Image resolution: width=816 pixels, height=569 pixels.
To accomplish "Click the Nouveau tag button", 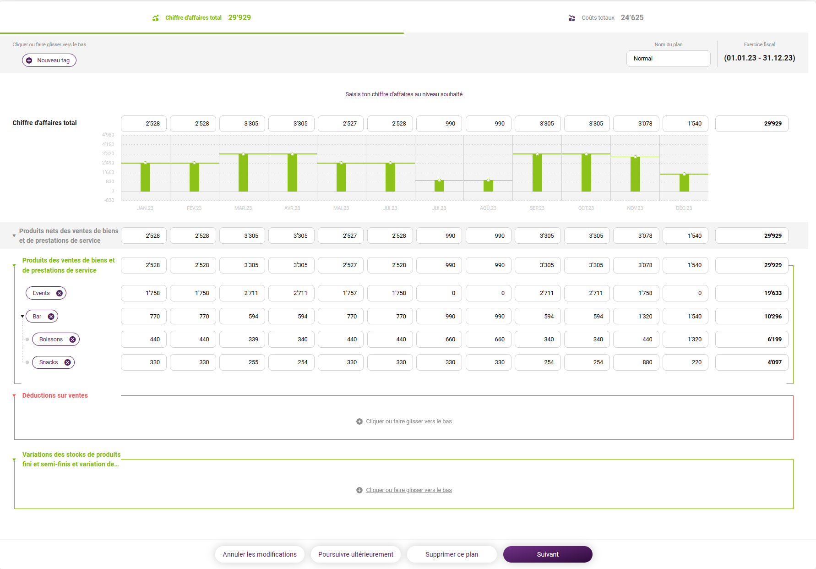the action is click(49, 60).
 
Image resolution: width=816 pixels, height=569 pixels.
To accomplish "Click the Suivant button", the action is click(548, 554).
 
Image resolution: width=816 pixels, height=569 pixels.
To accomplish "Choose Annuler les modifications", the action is click(260, 554).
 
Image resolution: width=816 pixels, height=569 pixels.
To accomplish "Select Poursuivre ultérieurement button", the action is click(356, 554).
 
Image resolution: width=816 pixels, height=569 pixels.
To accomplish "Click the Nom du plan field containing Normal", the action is click(668, 59).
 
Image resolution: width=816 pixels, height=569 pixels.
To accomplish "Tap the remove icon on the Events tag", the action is click(60, 293).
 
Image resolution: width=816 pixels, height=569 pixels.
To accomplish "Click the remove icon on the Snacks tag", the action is click(68, 362).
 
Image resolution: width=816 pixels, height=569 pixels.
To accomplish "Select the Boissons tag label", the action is click(51, 339).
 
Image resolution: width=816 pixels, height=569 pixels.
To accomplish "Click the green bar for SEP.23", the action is click(537, 173).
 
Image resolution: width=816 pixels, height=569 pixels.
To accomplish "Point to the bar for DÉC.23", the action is click(684, 183).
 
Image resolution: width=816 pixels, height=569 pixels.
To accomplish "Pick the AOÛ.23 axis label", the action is click(488, 208).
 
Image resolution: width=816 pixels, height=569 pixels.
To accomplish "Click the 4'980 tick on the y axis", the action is click(108, 135).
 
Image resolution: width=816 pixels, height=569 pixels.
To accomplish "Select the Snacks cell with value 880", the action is click(636, 362).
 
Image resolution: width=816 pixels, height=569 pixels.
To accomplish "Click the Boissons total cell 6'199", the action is click(751, 339).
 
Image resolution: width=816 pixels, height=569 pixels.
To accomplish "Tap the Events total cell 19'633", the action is click(751, 293).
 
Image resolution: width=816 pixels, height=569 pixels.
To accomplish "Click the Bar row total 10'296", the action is click(751, 317).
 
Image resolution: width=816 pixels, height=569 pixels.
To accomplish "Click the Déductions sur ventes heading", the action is click(55, 395).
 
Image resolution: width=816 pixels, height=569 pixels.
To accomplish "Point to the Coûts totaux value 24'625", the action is click(632, 18).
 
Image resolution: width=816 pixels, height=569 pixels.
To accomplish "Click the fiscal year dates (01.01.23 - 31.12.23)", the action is click(759, 58).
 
